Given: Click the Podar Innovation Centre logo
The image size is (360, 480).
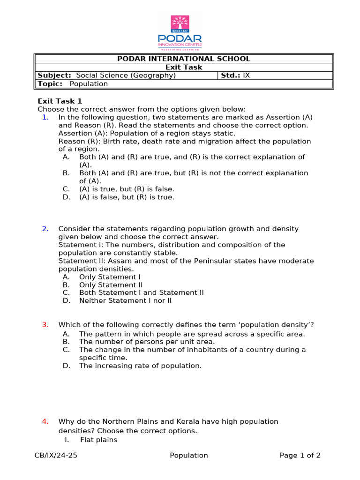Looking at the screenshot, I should tap(180, 32).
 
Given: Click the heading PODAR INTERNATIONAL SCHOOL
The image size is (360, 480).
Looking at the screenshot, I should tap(184, 59).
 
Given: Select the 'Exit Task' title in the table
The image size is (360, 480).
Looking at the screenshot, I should tap(184, 67).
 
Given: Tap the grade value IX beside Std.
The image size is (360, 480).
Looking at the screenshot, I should tap(246, 75).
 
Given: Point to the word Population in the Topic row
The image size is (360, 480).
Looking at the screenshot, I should tap(89, 84).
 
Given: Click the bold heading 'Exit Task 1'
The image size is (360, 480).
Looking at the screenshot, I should tap(60, 101).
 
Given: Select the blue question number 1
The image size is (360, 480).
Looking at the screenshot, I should tap(45, 117).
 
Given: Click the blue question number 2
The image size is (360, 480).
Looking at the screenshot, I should tap(45, 229).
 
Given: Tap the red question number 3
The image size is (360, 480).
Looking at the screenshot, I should tap(45, 324).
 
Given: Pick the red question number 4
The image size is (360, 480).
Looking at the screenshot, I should tap(45, 421).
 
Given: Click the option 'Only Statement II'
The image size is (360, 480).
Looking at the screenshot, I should tap(111, 285).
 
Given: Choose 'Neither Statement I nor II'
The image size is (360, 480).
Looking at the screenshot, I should tap(125, 300).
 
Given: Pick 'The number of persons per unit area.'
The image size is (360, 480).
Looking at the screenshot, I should tap(140, 342).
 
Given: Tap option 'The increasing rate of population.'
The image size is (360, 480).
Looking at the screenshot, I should tap(140, 366).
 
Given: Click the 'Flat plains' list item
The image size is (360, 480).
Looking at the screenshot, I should tap(98, 440).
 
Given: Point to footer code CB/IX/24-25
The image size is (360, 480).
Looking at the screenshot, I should tap(56, 455).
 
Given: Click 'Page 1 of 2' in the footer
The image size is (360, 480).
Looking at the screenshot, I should tap(300, 455).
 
